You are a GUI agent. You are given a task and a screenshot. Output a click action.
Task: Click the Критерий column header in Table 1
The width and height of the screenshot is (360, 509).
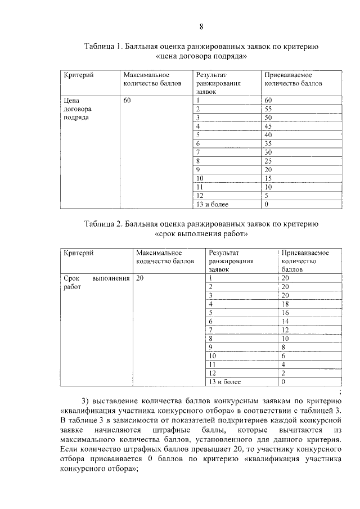(78, 75)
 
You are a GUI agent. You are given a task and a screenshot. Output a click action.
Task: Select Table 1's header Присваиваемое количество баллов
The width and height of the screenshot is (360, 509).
(293, 79)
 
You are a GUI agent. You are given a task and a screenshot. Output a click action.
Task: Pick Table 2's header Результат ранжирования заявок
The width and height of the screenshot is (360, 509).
(231, 261)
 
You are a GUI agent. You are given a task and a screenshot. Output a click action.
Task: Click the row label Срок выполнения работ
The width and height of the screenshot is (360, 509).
(96, 282)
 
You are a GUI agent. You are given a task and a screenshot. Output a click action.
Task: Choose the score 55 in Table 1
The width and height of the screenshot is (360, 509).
(268, 109)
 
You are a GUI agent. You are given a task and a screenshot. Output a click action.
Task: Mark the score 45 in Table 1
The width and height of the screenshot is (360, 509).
(268, 127)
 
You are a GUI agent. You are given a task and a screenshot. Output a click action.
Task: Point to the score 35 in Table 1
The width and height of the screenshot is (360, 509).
(268, 144)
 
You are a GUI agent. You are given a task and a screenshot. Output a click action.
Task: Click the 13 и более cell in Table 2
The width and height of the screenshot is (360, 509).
(225, 382)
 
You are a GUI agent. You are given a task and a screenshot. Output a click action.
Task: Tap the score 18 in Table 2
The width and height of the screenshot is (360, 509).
(285, 304)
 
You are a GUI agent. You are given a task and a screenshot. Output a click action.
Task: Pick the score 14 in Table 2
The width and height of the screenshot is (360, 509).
(285, 321)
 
